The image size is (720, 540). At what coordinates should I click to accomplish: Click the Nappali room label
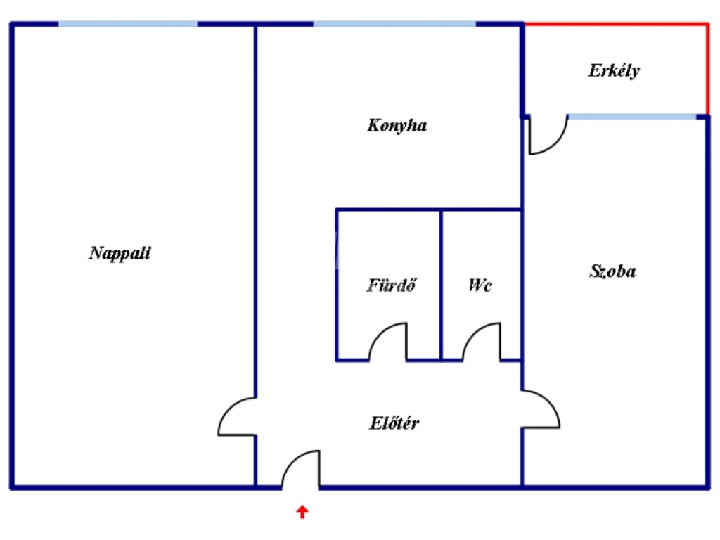pyautogui.click(x=120, y=253)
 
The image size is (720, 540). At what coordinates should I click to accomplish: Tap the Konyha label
pyautogui.click(x=397, y=126)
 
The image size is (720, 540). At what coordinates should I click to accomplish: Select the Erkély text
pyautogui.click(x=614, y=70)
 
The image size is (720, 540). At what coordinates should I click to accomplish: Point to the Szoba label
pyautogui.click(x=612, y=271)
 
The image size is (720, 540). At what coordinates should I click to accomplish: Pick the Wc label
pyautogui.click(x=480, y=285)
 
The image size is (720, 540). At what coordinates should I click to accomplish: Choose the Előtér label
pyautogui.click(x=395, y=423)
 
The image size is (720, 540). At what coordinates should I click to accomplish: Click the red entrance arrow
pyautogui.click(x=302, y=511)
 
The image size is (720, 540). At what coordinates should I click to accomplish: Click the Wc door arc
pyautogui.click(x=482, y=340)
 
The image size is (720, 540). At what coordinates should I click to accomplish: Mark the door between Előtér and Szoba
pyautogui.click(x=541, y=409)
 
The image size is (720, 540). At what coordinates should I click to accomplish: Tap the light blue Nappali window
pyautogui.click(x=128, y=24)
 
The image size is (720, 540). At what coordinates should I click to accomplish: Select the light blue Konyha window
pyautogui.click(x=394, y=24)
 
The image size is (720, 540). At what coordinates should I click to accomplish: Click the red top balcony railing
pyautogui.click(x=616, y=24)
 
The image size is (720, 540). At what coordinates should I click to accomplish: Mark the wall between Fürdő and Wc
pyautogui.click(x=441, y=285)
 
